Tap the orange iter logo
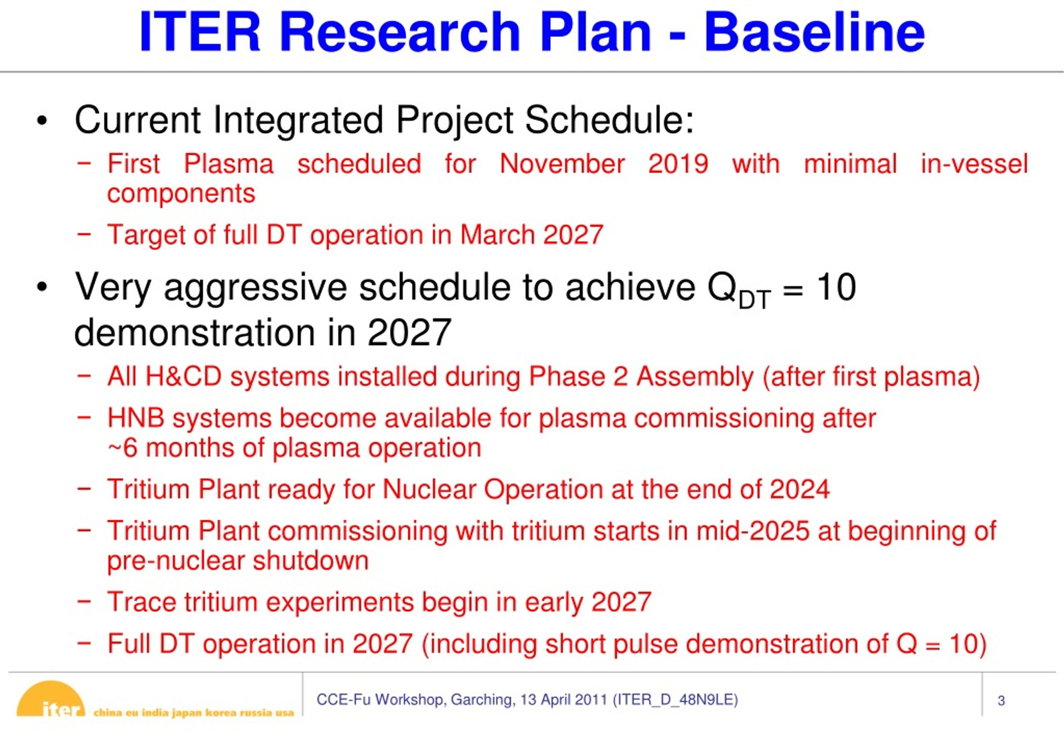click(x=51, y=699)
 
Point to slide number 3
click(x=1001, y=701)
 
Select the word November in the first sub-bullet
click(x=562, y=164)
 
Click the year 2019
click(x=678, y=164)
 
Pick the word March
click(x=497, y=235)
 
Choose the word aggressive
click(x=255, y=288)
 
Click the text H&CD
click(x=184, y=376)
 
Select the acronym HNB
click(x=135, y=418)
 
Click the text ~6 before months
click(x=122, y=448)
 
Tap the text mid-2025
click(x=753, y=531)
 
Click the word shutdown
click(x=310, y=561)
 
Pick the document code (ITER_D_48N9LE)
click(x=675, y=700)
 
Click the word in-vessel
click(x=975, y=164)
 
